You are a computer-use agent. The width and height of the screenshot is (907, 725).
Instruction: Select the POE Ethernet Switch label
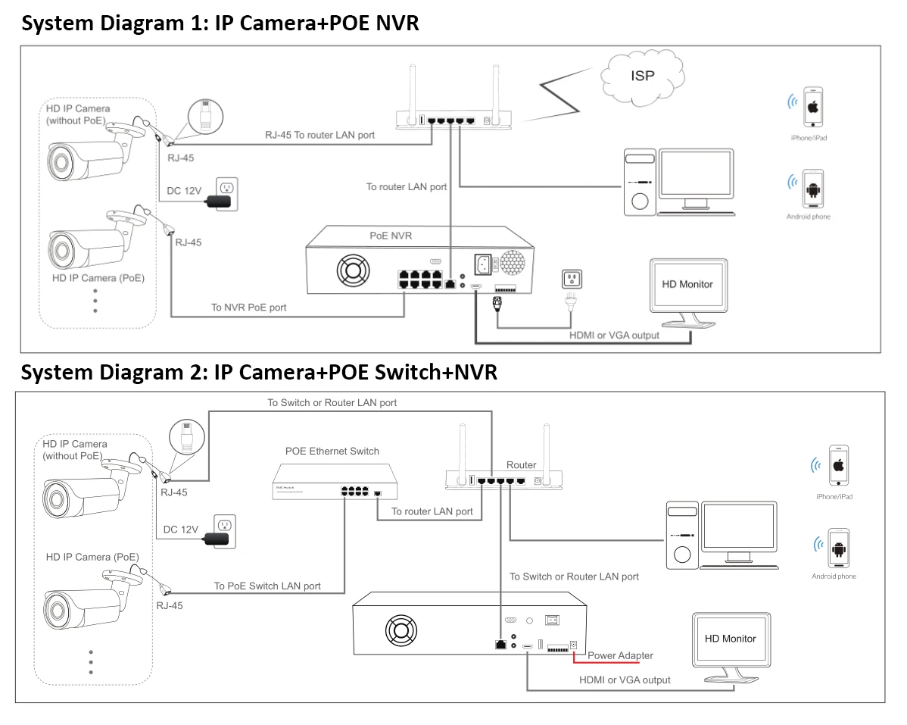(332, 452)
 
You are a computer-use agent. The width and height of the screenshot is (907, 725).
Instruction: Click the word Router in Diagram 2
(521, 465)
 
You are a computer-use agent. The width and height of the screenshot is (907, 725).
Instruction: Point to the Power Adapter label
(620, 655)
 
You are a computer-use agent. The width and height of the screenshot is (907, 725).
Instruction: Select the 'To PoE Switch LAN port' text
(267, 586)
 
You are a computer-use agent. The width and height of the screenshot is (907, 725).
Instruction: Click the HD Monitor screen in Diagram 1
(687, 286)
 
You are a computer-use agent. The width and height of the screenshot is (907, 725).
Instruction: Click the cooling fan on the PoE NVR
(351, 267)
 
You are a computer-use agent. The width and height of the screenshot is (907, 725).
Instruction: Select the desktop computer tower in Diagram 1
(640, 183)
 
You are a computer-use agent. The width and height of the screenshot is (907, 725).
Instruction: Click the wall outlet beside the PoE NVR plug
(570, 279)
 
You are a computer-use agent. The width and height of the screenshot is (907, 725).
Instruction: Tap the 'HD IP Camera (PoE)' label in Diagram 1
(98, 278)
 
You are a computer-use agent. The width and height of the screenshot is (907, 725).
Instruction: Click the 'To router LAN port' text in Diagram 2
(432, 511)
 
